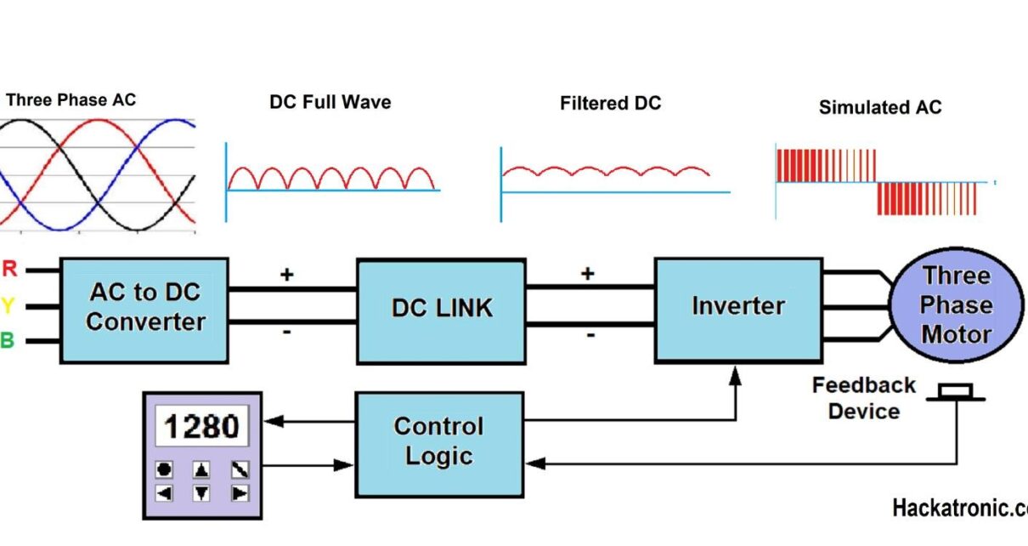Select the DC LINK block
pos(441,310)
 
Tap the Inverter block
pos(737,307)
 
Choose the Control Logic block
pos(439,441)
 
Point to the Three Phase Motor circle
pos(956,305)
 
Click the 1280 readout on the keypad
pos(202,425)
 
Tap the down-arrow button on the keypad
pos(201,492)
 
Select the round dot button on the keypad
pos(164,469)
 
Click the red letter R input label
pos(9,270)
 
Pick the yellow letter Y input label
pos(8,305)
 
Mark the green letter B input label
pos(8,341)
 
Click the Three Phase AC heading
pos(71,100)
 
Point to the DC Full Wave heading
pos(330,102)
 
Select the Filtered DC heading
pos(610,104)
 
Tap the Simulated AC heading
pos(879,108)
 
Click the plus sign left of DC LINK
pos(287,274)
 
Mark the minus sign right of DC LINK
pos(589,333)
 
